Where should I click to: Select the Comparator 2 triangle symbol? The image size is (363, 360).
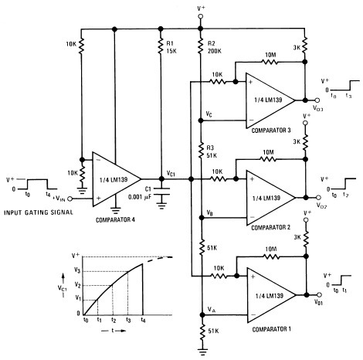point(266,196)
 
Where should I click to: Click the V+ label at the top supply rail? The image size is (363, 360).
point(202,9)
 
